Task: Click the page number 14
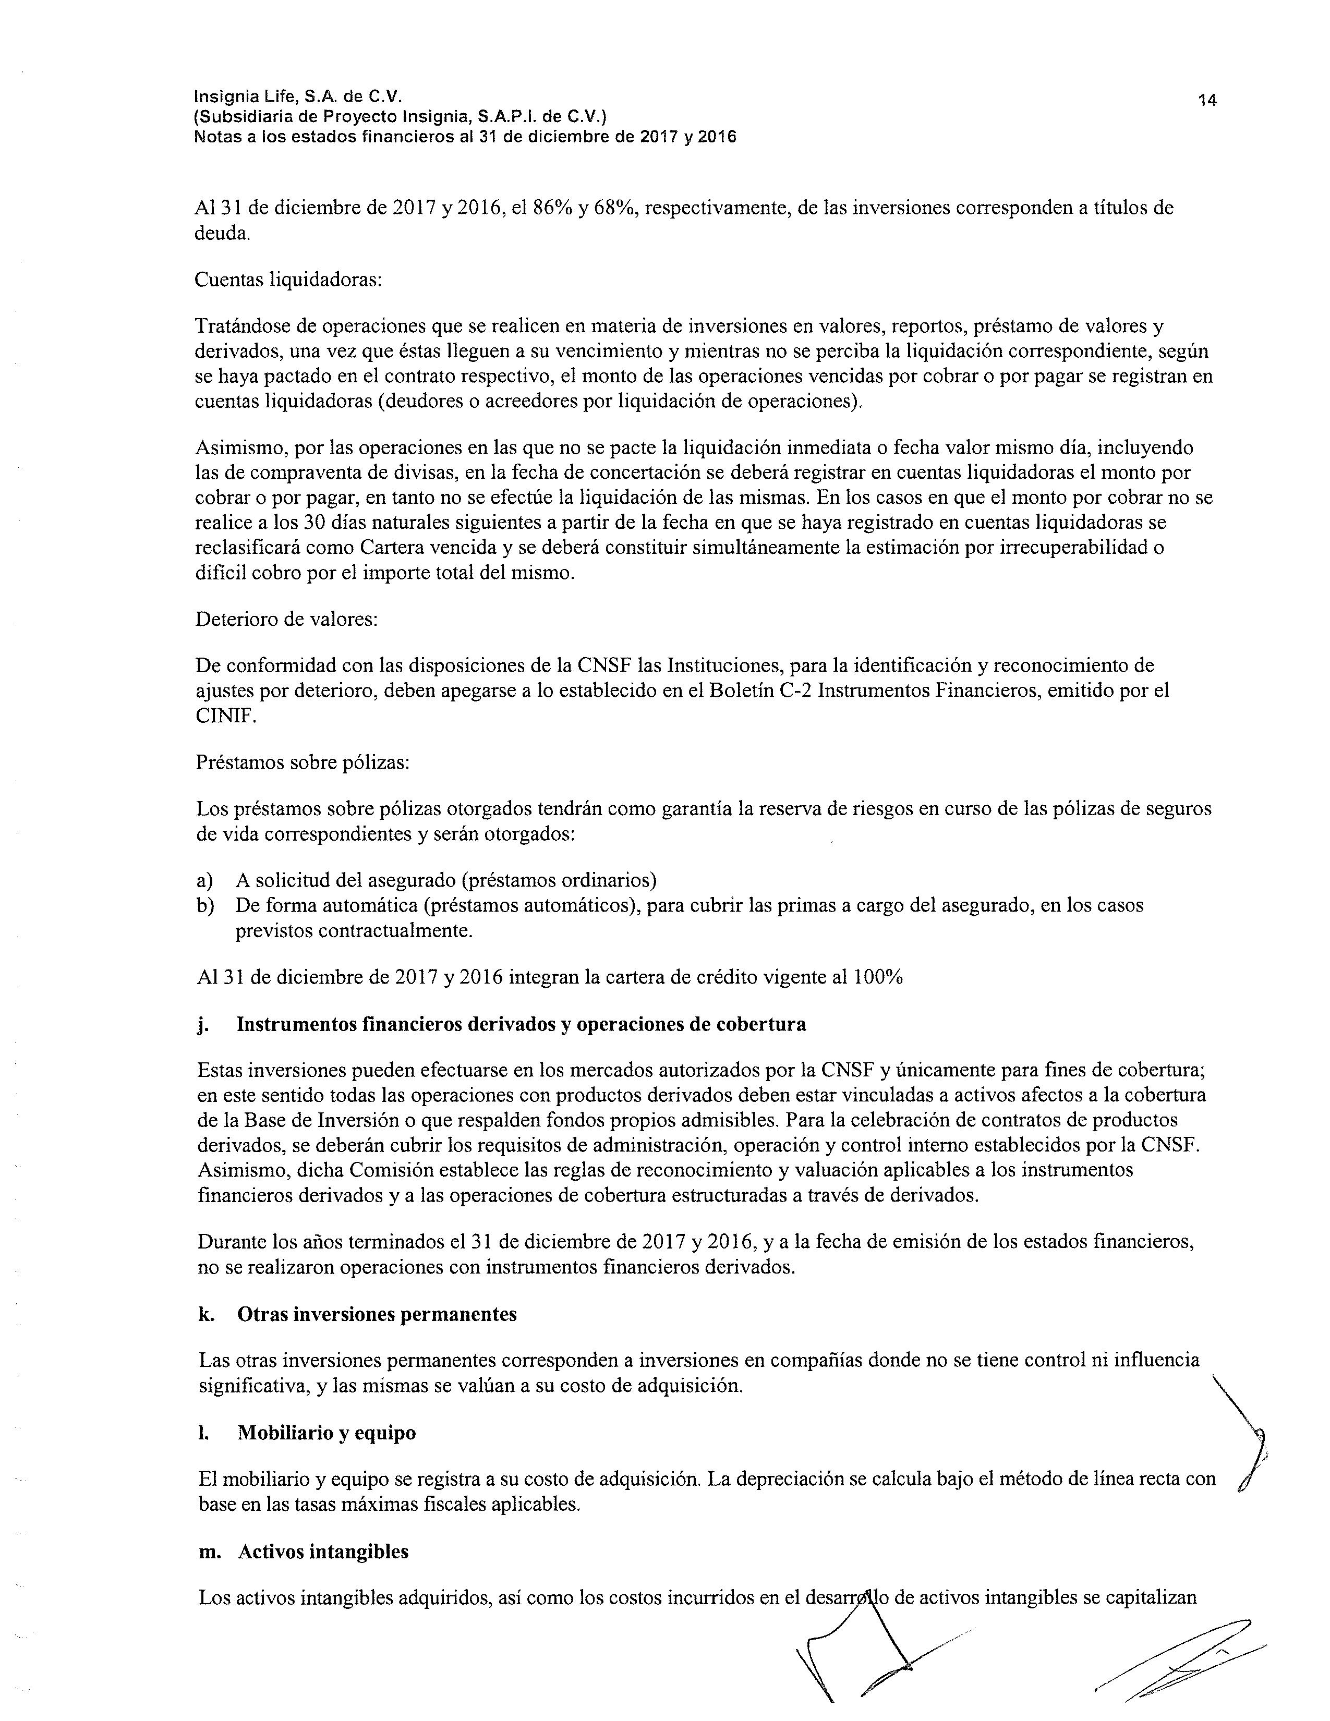coord(1207,100)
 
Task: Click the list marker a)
coord(205,879)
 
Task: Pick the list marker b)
coord(205,905)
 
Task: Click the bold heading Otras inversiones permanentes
coord(377,1314)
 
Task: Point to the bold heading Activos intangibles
coord(323,1552)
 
